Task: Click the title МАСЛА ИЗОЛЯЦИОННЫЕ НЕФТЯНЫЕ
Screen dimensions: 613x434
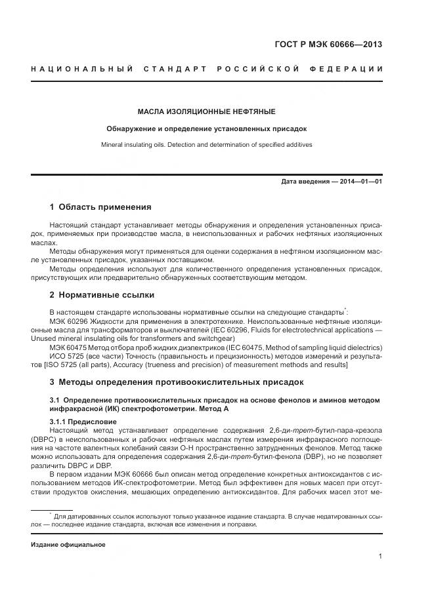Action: click(206, 111)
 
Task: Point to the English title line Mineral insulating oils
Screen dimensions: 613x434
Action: click(206, 144)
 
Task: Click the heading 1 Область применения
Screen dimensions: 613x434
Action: click(100, 207)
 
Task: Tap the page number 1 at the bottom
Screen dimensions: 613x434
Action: click(380, 557)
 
